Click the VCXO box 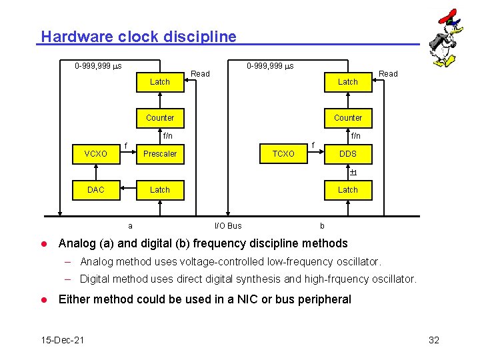coord(96,154)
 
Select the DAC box coord(96,190)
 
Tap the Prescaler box coord(160,154)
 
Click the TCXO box coord(283,154)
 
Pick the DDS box coord(348,154)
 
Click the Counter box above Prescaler coord(160,118)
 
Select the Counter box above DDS coord(348,118)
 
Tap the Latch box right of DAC coord(160,190)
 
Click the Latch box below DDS coord(348,190)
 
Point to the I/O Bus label coord(228,226)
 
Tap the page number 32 coord(434,340)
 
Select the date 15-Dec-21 coord(63,340)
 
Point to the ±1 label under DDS coord(353,173)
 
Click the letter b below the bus coord(322,226)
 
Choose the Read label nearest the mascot coord(388,74)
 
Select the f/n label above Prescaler coord(167,136)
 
